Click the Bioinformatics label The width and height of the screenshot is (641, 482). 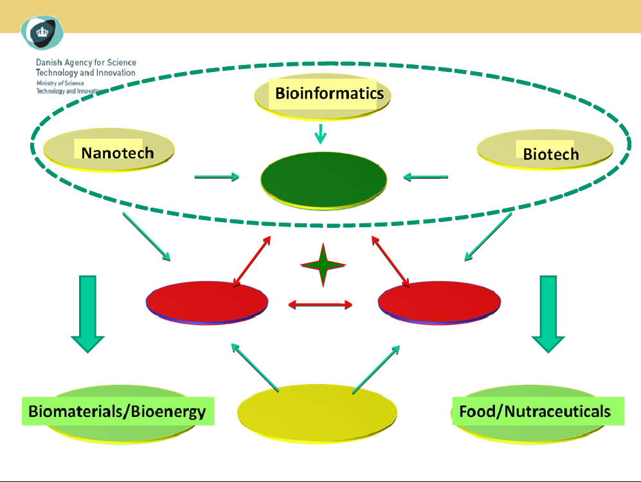(x=329, y=93)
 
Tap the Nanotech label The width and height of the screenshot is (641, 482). (x=117, y=153)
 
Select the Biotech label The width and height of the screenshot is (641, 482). (x=550, y=154)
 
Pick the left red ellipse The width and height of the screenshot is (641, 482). (x=207, y=302)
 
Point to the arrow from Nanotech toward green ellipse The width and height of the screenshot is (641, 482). (x=217, y=177)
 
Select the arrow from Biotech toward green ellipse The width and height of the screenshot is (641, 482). (x=425, y=177)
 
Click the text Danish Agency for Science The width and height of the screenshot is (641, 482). (x=86, y=63)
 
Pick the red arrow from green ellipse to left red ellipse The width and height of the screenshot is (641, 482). (x=251, y=261)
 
